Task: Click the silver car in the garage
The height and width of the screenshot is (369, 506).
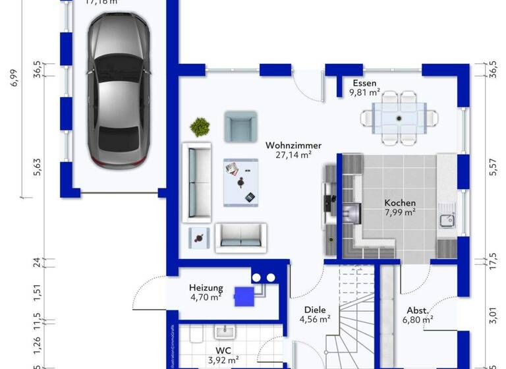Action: click(x=116, y=90)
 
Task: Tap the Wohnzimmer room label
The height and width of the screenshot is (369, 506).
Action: click(x=293, y=145)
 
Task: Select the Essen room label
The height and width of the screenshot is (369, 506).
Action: click(x=364, y=83)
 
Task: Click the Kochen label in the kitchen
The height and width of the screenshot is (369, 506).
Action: click(x=400, y=203)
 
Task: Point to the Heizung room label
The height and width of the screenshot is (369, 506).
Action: click(x=206, y=288)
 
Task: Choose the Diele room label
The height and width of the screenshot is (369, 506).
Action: click(x=315, y=310)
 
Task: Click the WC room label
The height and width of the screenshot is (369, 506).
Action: click(x=223, y=351)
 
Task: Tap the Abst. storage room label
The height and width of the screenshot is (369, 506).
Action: click(x=418, y=310)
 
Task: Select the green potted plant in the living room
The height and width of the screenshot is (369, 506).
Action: click(x=199, y=125)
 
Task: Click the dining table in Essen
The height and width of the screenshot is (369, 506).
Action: click(x=399, y=118)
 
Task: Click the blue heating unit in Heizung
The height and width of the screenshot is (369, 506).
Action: click(x=245, y=295)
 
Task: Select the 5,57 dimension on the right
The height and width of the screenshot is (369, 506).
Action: click(x=492, y=168)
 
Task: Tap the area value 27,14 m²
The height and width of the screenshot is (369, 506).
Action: click(x=293, y=155)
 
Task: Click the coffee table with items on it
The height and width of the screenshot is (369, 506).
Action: click(x=240, y=182)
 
